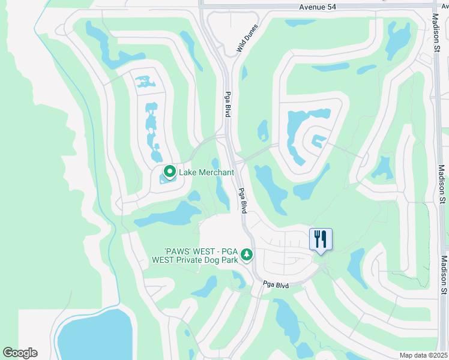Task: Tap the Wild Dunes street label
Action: pyautogui.click(x=247, y=38)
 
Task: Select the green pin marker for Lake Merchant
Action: pyautogui.click(x=170, y=172)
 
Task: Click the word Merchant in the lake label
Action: pyautogui.click(x=214, y=173)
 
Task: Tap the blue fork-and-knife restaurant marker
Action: pyautogui.click(x=321, y=239)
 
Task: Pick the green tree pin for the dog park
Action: pyautogui.click(x=247, y=256)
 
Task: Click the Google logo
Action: pyautogui.click(x=20, y=353)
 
